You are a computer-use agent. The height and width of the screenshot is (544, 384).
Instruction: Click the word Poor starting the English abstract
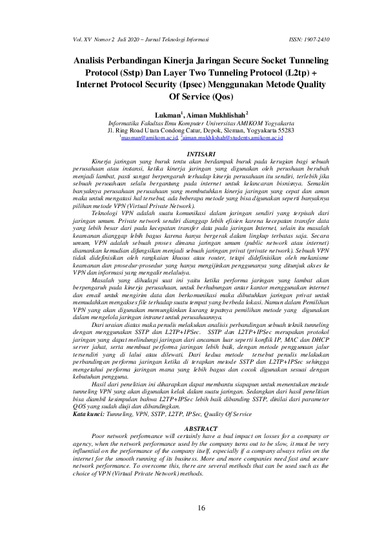[100, 436]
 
